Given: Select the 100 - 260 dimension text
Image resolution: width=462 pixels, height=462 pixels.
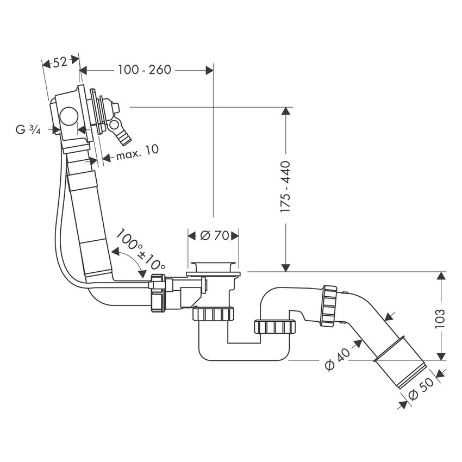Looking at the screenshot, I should (x=144, y=70).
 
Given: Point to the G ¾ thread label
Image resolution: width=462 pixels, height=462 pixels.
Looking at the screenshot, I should (x=28, y=129).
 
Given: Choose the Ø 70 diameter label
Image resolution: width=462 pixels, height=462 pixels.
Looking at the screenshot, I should (x=213, y=235).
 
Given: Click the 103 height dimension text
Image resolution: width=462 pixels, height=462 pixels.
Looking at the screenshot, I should (x=440, y=321).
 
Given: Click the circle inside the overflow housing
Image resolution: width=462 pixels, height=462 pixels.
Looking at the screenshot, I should (x=68, y=117).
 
